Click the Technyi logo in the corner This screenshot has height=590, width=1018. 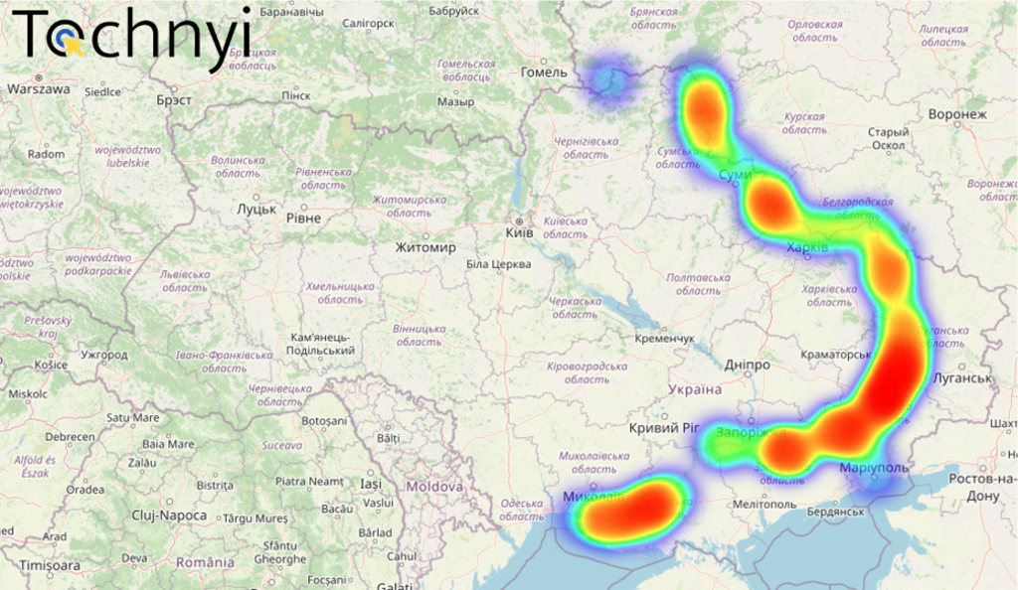click(135, 35)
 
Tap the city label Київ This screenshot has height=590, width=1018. click(520, 232)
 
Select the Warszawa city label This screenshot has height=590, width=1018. click(39, 88)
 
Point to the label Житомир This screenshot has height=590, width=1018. click(424, 247)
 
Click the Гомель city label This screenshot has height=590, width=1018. click(544, 72)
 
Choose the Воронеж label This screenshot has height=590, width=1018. click(957, 114)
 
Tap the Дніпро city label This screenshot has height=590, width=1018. click(747, 365)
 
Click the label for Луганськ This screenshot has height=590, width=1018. click(962, 378)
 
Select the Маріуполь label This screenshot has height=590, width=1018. click(874, 467)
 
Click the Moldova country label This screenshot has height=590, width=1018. click(434, 487)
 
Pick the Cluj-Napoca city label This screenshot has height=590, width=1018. click(169, 516)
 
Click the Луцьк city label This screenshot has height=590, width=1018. click(256, 210)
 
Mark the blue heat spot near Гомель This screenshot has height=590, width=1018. click(608, 79)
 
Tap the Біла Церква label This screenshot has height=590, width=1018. click(498, 264)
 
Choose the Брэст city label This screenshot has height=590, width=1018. click(174, 100)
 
